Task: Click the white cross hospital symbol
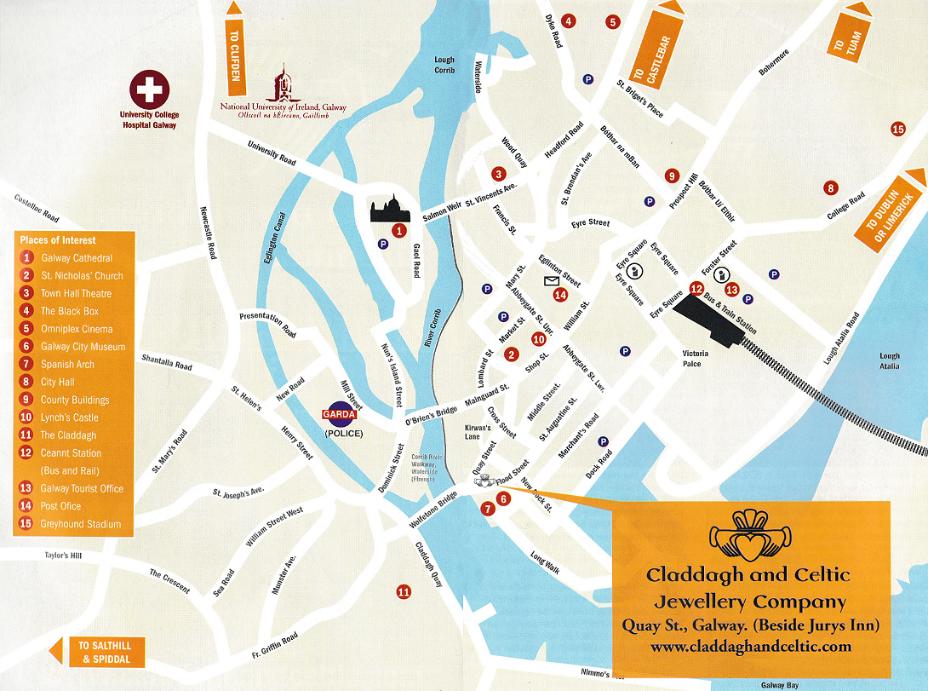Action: (149, 90)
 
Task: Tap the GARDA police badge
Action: (343, 415)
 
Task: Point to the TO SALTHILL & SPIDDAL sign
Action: (100, 653)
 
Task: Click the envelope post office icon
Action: (551, 280)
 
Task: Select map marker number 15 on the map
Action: (897, 130)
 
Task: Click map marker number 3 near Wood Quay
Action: (498, 174)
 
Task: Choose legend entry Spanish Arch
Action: (67, 365)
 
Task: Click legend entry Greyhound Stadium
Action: (80, 524)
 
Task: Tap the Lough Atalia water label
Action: (890, 361)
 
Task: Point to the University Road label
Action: (272, 154)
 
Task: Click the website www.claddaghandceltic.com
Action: (750, 647)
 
